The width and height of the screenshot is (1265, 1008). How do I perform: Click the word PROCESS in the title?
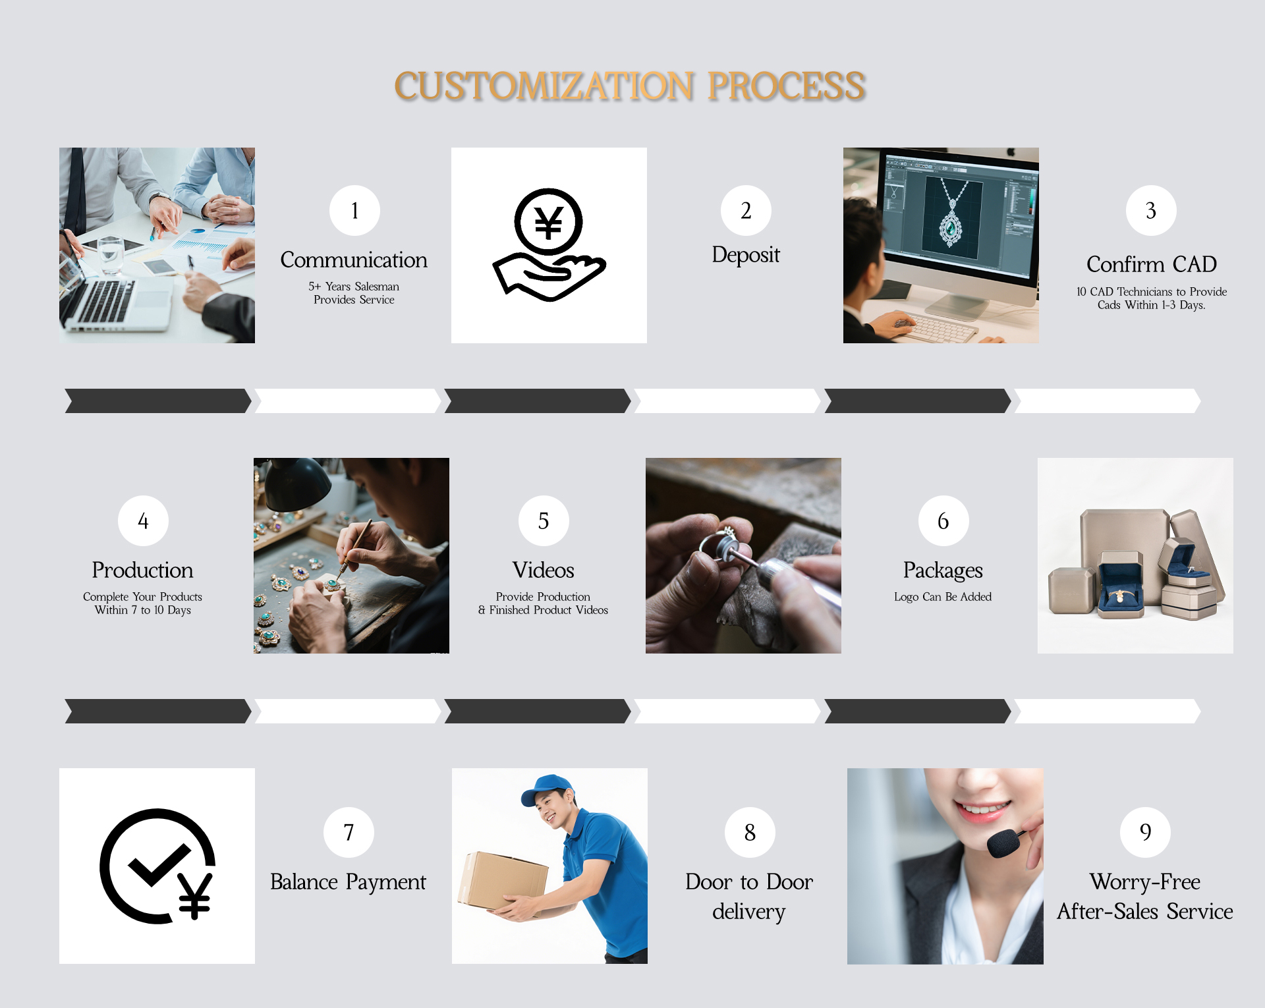787,86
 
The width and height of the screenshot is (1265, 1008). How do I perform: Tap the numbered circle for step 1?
354,211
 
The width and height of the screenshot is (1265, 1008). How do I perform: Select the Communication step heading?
354,260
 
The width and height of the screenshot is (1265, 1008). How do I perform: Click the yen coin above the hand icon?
548,222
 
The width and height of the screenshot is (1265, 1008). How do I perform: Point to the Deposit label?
746,255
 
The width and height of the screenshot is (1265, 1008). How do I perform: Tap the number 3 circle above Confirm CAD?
1151,211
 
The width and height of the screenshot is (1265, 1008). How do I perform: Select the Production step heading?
142,570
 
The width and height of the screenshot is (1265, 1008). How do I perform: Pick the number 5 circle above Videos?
544,521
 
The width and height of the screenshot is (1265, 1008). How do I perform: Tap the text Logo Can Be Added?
943,597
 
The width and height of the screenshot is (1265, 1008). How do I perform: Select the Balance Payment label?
348,882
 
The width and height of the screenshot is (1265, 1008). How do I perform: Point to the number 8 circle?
750,833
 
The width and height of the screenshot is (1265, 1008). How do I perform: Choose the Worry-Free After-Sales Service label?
1145,897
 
